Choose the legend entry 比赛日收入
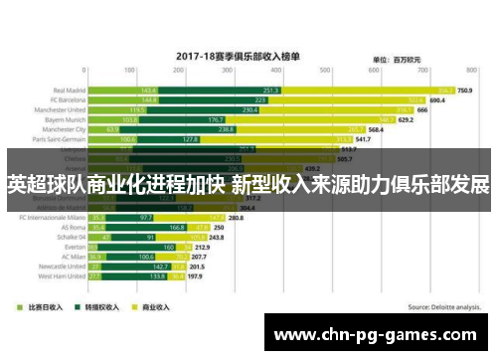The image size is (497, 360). click(x=47, y=307)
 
